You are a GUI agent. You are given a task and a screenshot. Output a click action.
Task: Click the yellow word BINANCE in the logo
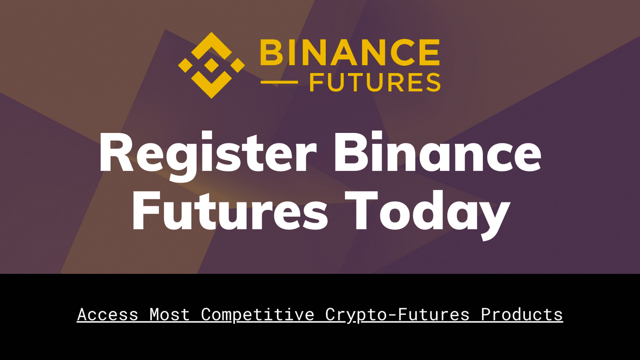pyautogui.click(x=349, y=52)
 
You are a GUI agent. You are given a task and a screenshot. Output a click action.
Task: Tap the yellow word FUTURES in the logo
pyautogui.click(x=375, y=82)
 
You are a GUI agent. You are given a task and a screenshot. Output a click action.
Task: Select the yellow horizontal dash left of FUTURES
pyautogui.click(x=279, y=82)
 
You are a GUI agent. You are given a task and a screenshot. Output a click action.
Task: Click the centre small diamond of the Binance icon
pyautogui.click(x=211, y=65)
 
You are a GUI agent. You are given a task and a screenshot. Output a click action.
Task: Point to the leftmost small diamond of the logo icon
pyautogui.click(x=185, y=65)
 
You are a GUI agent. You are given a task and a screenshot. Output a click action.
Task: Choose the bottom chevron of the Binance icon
pyautogui.click(x=211, y=85)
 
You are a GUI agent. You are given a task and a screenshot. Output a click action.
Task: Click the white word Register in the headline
pyautogui.click(x=207, y=156)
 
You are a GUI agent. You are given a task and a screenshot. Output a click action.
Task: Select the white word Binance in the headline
pyautogui.click(x=437, y=151)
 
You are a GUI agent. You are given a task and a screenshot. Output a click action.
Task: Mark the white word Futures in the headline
pyautogui.click(x=230, y=210)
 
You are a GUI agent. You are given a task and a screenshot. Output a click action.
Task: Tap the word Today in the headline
pyautogui.click(x=427, y=215)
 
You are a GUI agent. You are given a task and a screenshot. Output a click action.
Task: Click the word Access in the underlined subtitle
pyautogui.click(x=107, y=314)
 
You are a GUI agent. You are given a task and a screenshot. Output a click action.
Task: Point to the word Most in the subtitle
pyautogui.click(x=169, y=314)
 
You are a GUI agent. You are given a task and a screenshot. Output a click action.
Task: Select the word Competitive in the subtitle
pyautogui.click(x=257, y=315)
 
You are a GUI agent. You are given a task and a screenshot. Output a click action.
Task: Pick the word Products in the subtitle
pyautogui.click(x=521, y=314)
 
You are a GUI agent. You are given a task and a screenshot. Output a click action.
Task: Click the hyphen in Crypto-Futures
pyautogui.click(x=391, y=315)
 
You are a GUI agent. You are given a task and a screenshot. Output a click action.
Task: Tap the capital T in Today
pyautogui.click(x=361, y=210)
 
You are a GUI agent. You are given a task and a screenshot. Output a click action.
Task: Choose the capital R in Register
pyautogui.click(x=116, y=151)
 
